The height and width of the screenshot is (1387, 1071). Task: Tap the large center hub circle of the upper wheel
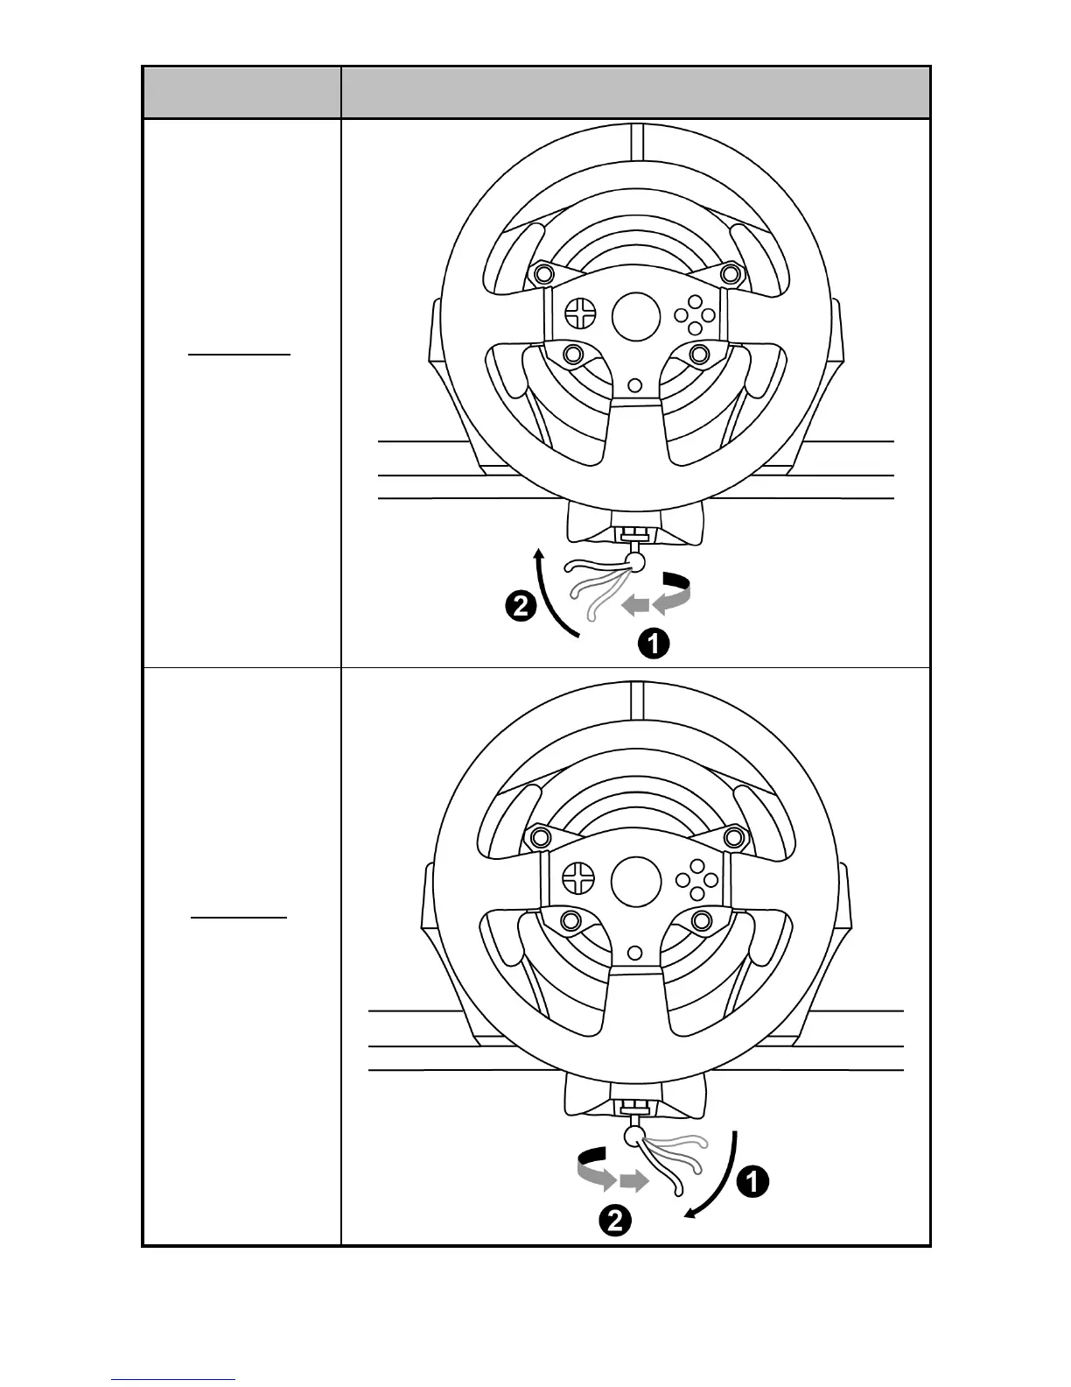coord(635,316)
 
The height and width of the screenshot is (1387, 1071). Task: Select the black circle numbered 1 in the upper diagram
coord(653,644)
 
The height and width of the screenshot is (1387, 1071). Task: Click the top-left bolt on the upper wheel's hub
coord(543,273)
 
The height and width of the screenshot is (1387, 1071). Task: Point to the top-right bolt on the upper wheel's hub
coord(729,274)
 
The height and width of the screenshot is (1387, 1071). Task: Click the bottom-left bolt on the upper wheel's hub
coord(573,355)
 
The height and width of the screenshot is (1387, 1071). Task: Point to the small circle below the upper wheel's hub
coord(636,384)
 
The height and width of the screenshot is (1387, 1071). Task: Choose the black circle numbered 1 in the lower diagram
coord(752,1182)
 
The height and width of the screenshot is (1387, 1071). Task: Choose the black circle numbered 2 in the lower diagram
coord(615,1221)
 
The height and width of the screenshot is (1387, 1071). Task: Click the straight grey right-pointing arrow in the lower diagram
coord(633,1182)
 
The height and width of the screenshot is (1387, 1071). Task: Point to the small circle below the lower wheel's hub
coord(636,951)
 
